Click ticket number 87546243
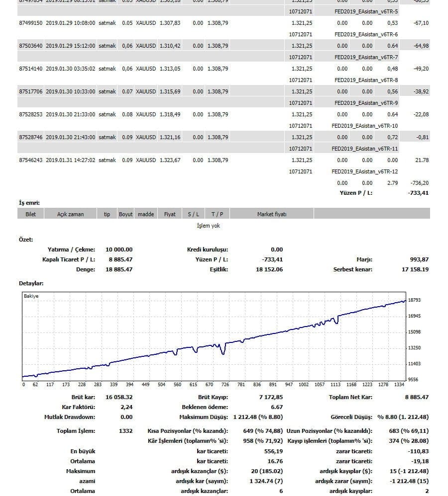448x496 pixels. click(30, 160)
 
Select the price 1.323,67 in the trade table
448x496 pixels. click(170, 160)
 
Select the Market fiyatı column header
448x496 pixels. click(271, 214)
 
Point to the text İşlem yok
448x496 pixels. click(208, 226)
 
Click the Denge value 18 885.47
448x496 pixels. click(119, 269)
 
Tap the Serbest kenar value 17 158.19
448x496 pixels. click(415, 269)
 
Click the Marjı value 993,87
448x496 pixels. click(418, 259)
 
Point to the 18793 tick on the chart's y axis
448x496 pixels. click(415, 300)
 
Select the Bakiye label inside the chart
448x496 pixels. click(31, 296)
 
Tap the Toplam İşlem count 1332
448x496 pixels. click(126, 431)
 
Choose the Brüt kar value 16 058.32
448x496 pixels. click(119, 397)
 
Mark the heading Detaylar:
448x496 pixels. click(31, 283)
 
